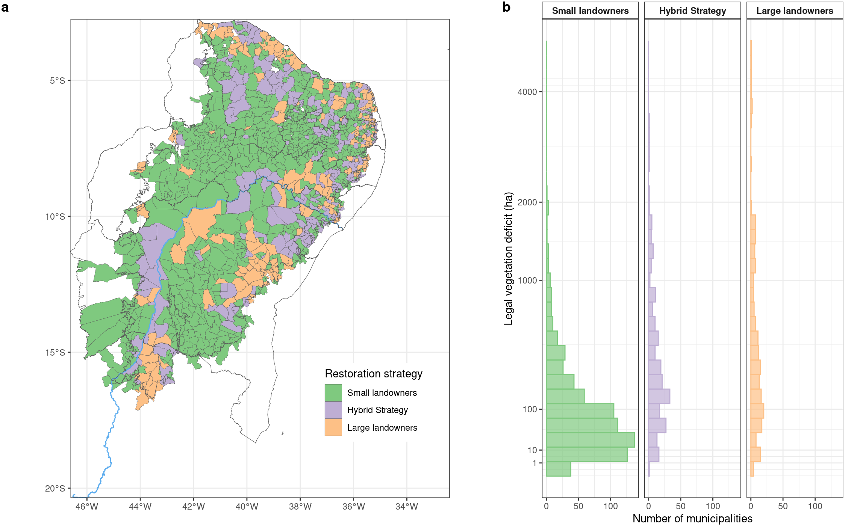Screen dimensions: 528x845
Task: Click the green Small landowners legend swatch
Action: (333, 393)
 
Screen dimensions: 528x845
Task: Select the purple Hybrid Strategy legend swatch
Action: (333, 410)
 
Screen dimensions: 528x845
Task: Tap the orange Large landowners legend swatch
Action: (333, 427)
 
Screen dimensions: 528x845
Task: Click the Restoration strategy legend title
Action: (373, 374)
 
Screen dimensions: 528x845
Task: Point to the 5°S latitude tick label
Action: (57, 81)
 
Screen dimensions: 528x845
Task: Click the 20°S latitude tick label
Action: (55, 489)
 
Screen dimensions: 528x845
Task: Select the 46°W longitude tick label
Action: (87, 507)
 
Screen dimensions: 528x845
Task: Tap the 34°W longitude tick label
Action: (407, 507)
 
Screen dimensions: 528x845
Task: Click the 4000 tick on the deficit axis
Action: (527, 92)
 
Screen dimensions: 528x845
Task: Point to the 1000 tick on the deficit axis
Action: (527, 281)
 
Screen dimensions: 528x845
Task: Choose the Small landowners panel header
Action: (590, 11)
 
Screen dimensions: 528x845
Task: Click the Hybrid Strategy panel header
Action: (692, 11)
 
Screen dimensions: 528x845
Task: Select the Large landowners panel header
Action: (795, 11)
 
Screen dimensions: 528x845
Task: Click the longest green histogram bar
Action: (590, 440)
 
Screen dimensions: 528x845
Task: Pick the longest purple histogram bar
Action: (659, 396)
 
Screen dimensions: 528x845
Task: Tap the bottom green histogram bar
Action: (558, 469)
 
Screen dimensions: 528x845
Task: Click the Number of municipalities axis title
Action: (692, 519)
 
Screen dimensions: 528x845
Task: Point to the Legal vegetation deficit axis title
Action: (508, 258)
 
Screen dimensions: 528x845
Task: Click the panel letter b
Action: (506, 7)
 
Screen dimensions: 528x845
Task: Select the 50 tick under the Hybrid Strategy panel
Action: (681, 506)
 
